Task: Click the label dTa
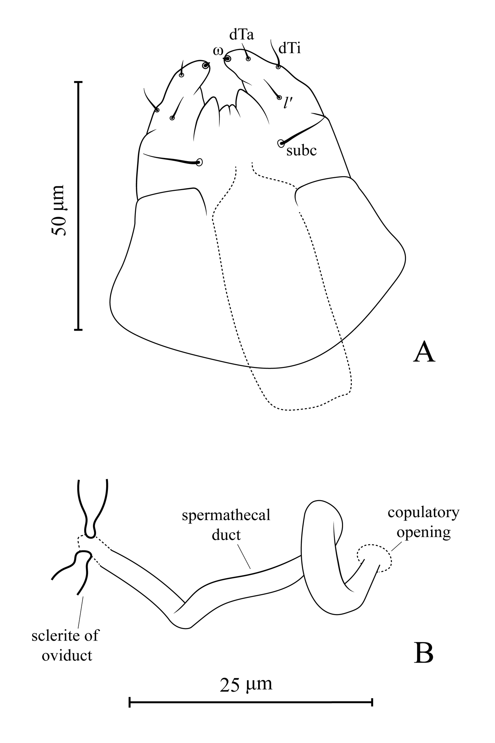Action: (x=241, y=36)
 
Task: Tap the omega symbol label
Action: (x=218, y=51)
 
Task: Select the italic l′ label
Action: (x=288, y=103)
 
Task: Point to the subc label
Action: (x=301, y=151)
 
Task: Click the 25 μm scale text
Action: (x=246, y=684)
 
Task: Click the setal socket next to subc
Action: (x=281, y=143)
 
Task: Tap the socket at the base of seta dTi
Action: (x=278, y=67)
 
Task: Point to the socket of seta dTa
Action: (x=248, y=59)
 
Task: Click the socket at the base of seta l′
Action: (x=279, y=97)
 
